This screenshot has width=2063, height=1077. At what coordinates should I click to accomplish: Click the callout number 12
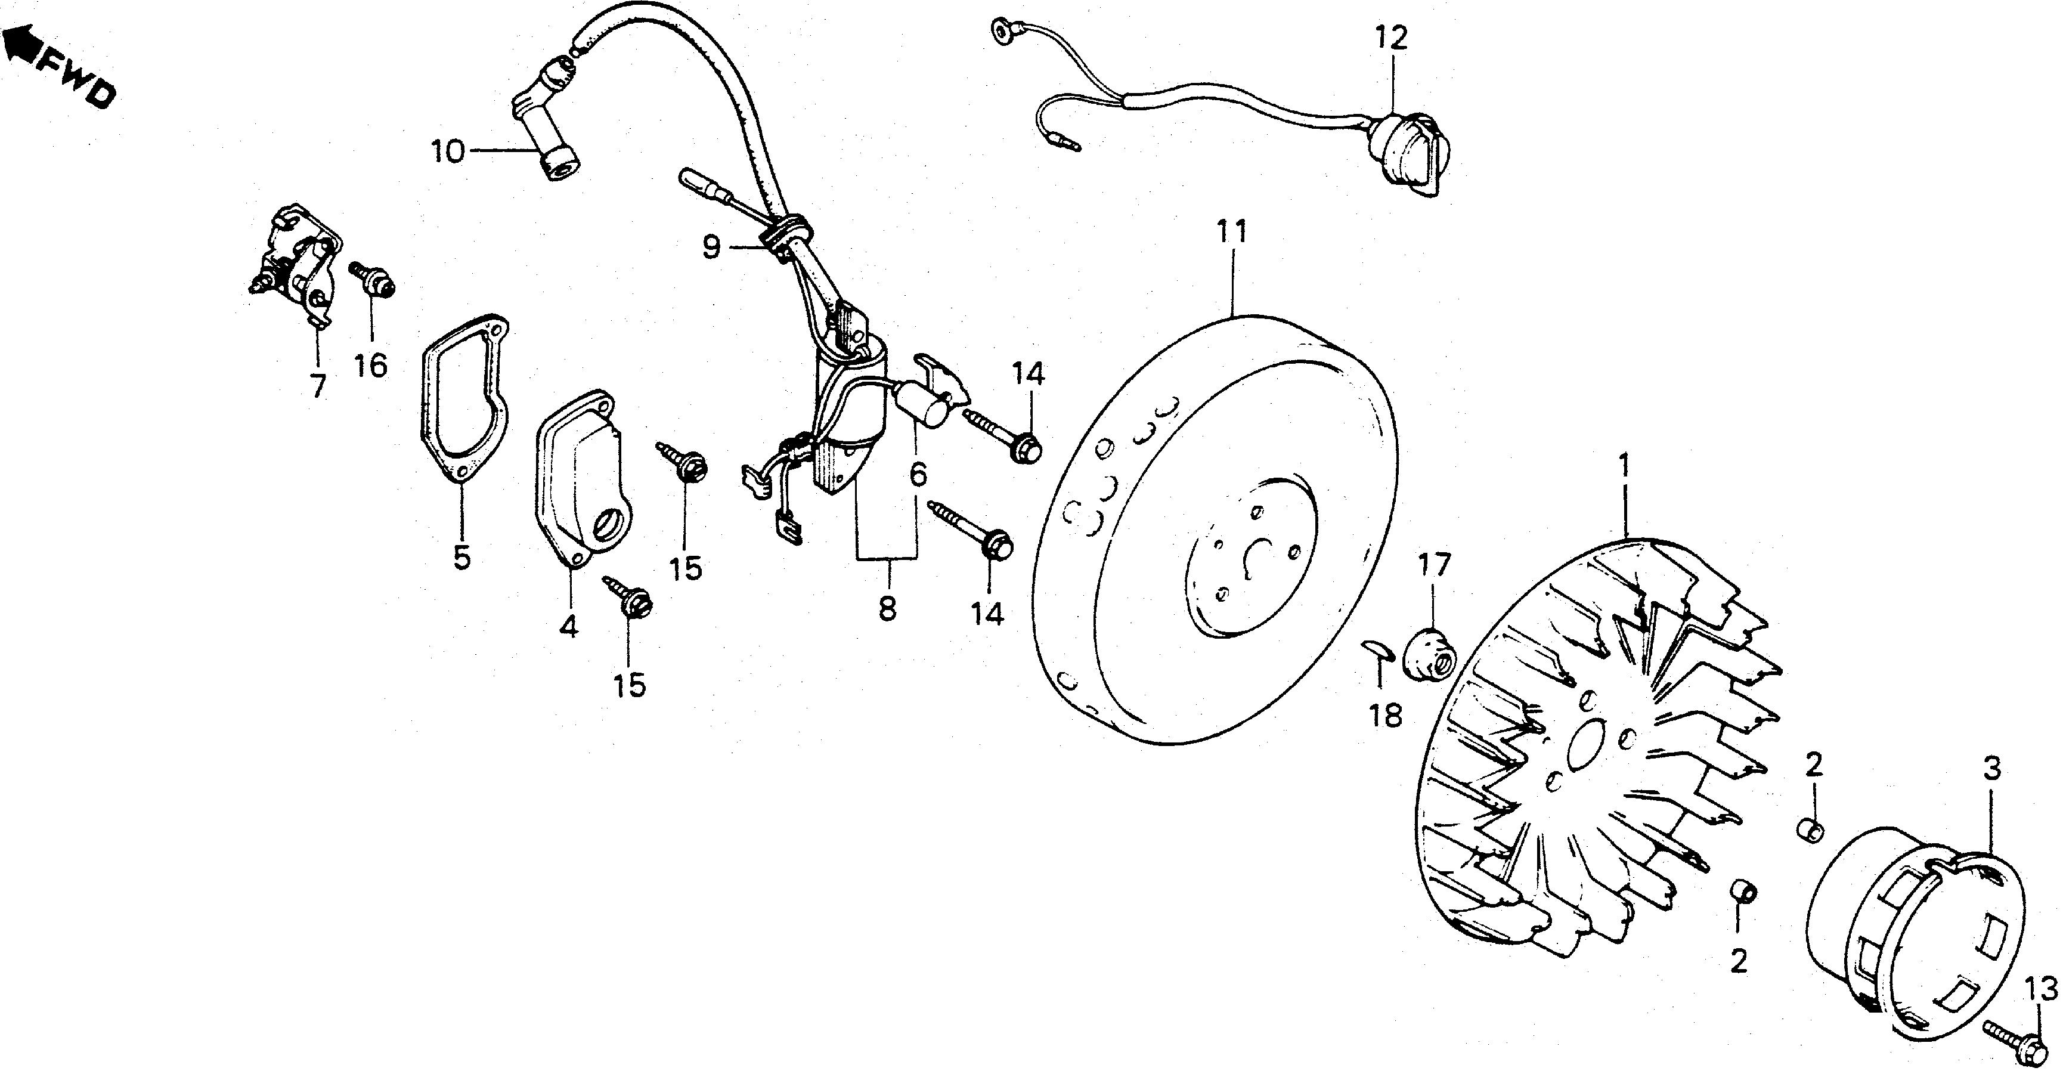(1391, 38)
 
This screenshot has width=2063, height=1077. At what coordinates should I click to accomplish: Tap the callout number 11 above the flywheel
(1232, 232)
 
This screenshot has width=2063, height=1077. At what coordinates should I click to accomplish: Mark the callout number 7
(318, 386)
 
